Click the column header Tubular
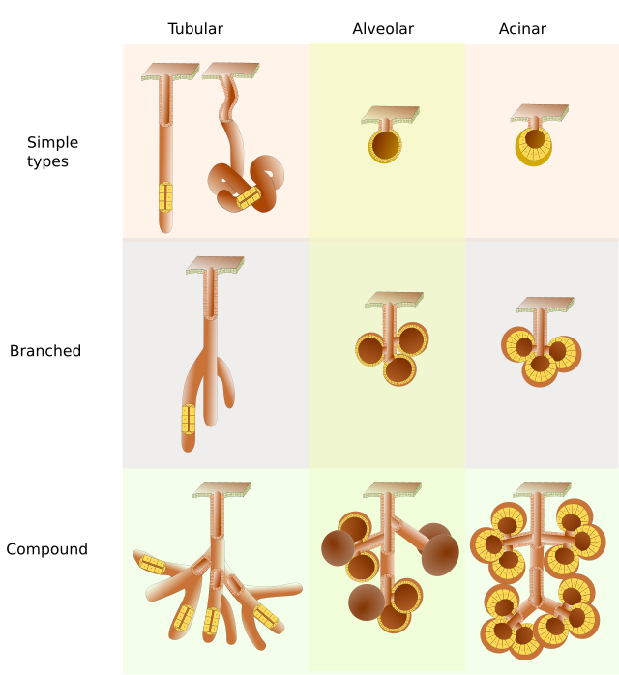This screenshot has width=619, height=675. coord(195,29)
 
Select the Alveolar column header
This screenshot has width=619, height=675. coord(383,29)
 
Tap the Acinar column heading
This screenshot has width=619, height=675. coord(522,29)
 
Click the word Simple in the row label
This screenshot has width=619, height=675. coord(52,142)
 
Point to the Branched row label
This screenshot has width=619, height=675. coord(45,351)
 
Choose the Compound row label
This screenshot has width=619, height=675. coord(47,549)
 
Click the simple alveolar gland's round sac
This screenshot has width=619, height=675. coord(385,146)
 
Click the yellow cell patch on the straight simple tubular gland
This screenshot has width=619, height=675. coord(165,196)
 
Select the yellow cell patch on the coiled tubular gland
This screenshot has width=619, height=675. coord(249,197)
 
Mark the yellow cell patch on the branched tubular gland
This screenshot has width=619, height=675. coord(189,420)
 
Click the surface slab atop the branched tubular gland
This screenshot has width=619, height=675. coord(216,265)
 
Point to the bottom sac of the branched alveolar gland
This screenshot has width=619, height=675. coord(399,369)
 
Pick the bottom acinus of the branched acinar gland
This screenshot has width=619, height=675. coord(540,368)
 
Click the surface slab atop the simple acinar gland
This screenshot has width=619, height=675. coord(540,113)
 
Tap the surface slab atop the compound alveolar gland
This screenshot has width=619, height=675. coord(392,489)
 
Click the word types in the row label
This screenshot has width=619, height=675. coord(47,162)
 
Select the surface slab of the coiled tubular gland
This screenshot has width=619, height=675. coord(231,71)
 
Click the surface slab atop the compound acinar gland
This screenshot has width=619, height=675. coord(542,490)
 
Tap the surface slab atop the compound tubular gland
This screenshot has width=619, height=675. coord(221,490)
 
